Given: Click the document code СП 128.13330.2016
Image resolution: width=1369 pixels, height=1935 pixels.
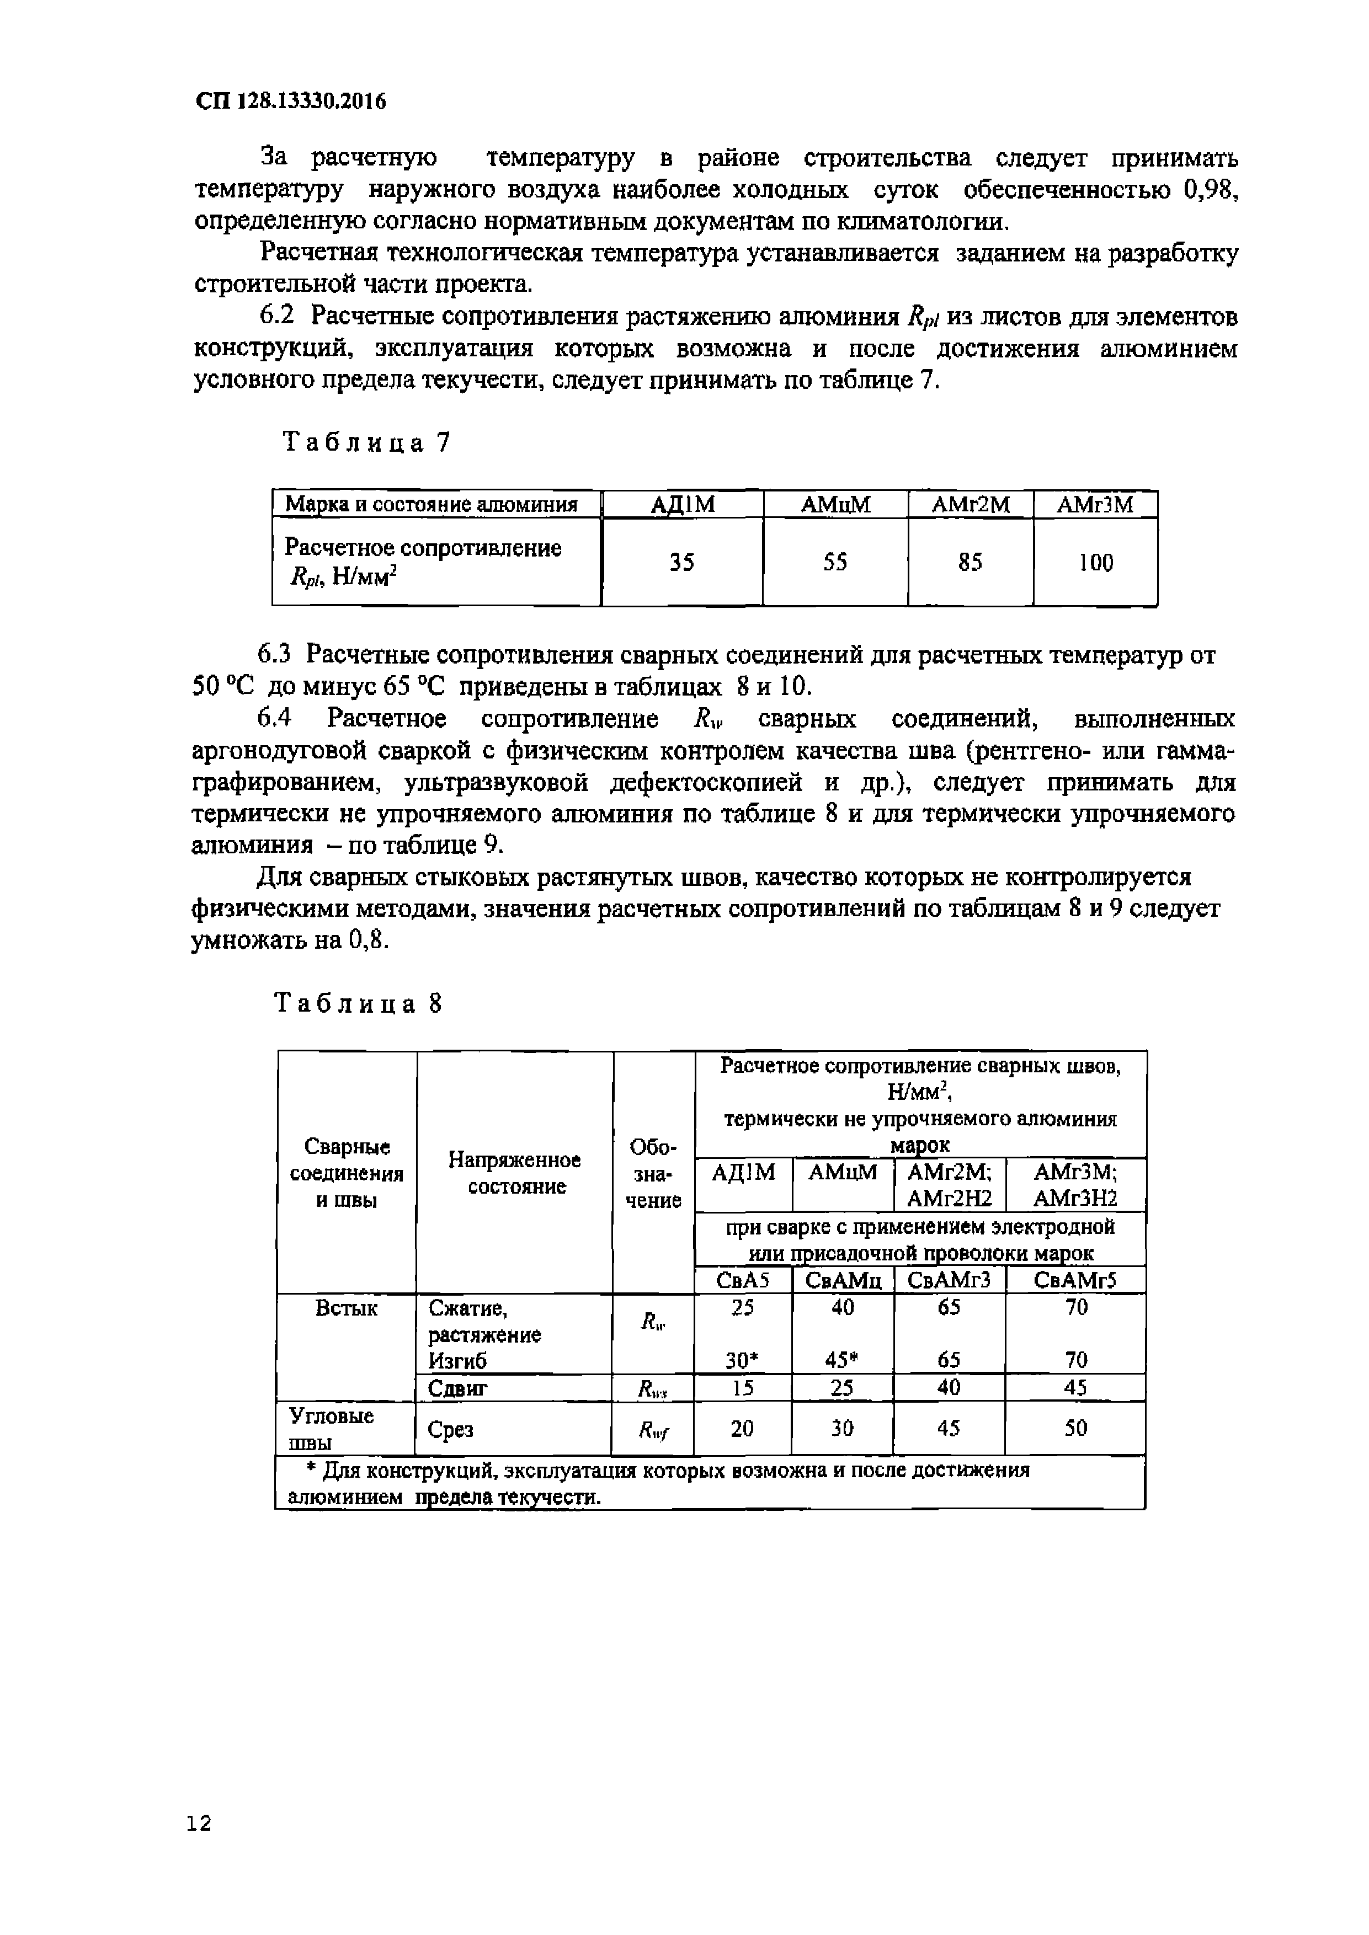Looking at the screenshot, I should [x=291, y=102].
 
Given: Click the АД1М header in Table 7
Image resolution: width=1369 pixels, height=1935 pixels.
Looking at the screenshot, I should [x=682, y=505].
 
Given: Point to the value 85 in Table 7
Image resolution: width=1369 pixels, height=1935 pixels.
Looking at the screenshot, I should [x=970, y=563].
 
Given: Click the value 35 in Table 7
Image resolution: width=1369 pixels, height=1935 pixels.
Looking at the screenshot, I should [x=682, y=563].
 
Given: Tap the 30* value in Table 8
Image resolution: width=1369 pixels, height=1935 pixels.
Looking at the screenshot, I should [x=743, y=1360].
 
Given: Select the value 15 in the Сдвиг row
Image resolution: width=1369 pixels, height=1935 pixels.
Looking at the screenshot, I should [x=743, y=1388].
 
